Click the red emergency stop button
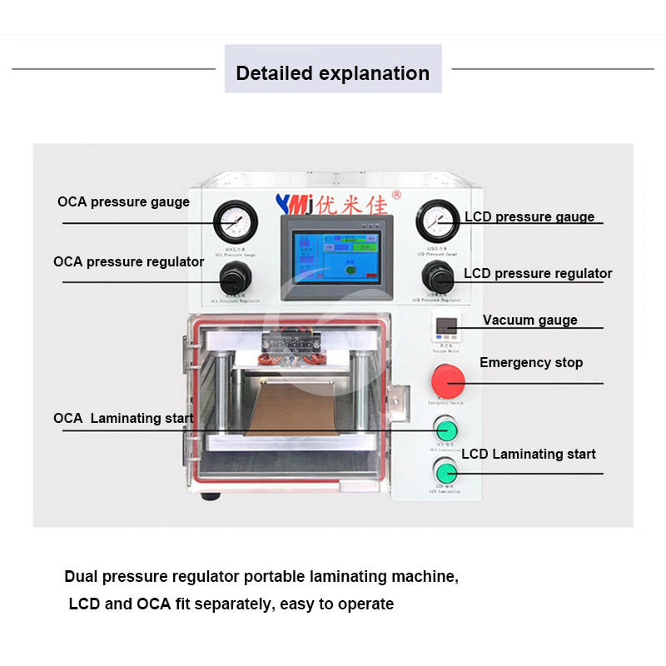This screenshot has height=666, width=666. tap(448, 381)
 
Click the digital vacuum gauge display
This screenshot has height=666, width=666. tap(443, 326)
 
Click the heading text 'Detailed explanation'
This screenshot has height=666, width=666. tap(332, 72)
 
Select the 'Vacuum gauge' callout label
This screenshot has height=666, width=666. tap(529, 320)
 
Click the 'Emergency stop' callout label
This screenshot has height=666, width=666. tap(531, 362)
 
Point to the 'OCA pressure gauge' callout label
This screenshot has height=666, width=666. tap(123, 201)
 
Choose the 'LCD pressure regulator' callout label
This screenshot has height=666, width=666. tap(538, 273)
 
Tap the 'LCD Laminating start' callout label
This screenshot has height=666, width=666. tap(529, 454)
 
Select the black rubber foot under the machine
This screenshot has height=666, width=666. tap(211, 496)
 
